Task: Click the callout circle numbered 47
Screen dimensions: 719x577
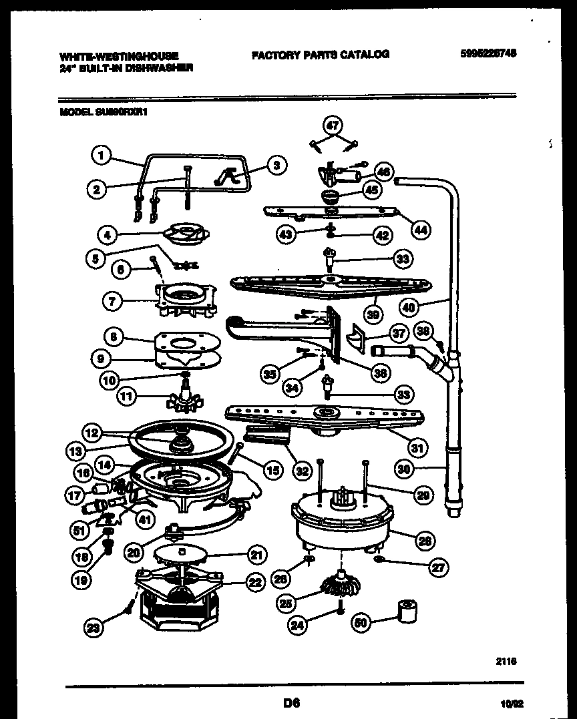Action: pos(333,125)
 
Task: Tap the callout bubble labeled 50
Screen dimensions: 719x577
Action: pos(360,624)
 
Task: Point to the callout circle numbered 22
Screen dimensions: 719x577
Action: pos(255,582)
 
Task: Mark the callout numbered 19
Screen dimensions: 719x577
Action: pos(81,581)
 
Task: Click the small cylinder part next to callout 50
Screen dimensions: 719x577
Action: pos(406,611)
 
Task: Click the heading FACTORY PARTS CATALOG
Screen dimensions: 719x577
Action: pos(320,55)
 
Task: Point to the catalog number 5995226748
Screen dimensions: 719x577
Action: pos(489,55)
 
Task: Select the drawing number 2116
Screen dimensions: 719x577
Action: pos(506,660)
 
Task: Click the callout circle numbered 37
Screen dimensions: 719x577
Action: pos(399,333)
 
